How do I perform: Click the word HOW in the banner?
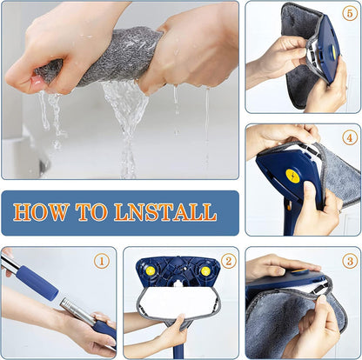point(44,211)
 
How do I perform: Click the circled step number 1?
point(101,260)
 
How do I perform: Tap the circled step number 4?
point(349,137)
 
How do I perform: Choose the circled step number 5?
point(349,14)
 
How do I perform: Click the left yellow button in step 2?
point(152,271)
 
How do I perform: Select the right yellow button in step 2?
point(204,271)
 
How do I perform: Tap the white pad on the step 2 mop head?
point(178,301)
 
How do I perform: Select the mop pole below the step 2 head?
point(178,348)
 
